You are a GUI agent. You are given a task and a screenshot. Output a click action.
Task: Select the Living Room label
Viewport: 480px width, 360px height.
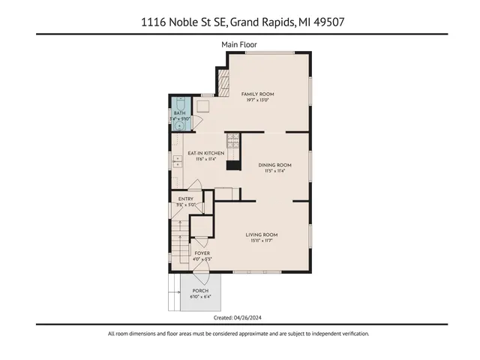coord(262,235)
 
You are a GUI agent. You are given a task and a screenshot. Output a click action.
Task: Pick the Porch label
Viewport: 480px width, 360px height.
coord(200,290)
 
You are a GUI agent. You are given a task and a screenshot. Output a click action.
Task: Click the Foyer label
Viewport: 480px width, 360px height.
coord(202,253)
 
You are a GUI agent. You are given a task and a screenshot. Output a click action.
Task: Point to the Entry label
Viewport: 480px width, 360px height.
coord(185,199)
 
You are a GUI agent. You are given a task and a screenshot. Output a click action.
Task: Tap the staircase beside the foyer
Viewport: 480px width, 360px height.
coord(179,243)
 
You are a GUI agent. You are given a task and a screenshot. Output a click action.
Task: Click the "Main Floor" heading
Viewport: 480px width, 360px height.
coord(239,44)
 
